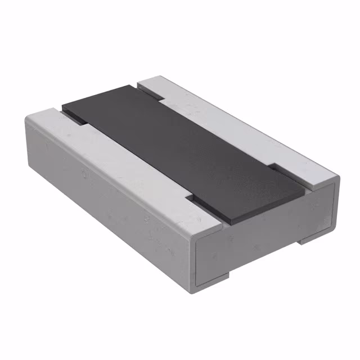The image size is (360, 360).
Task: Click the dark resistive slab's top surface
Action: [x=180, y=149]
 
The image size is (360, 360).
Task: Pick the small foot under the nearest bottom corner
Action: [x=217, y=277]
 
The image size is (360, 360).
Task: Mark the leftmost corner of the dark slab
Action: [x=62, y=105]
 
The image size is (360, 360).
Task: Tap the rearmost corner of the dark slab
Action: [x=135, y=85]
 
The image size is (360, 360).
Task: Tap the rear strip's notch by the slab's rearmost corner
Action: [x=152, y=96]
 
